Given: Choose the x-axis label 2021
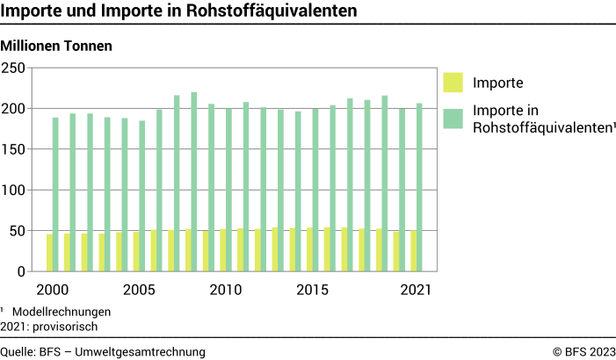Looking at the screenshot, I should tap(417, 290).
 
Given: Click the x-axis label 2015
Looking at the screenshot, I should tap(312, 290).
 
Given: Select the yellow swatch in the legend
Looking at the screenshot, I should tap(453, 83).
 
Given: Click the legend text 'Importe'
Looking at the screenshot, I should tap(498, 83).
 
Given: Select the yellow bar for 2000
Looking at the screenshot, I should tap(49, 253).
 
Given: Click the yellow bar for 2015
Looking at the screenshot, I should tap(310, 249).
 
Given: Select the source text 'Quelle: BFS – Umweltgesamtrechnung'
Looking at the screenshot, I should tap(103, 351).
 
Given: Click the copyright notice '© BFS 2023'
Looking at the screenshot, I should tap(583, 351).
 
